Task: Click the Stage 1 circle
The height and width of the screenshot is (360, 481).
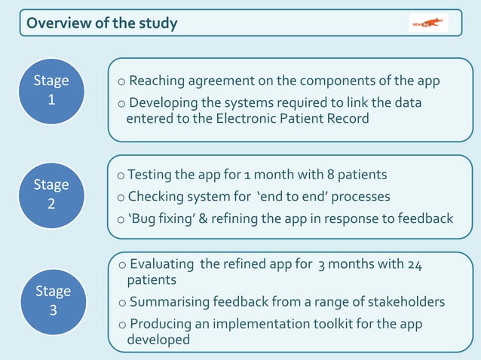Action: pos(51,90)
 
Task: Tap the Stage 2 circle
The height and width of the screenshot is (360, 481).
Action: pos(51,194)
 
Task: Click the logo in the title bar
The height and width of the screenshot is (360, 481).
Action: pos(428,23)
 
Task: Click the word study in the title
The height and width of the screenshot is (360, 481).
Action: pos(158,23)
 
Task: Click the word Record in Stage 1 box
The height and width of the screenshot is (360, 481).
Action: pos(347,119)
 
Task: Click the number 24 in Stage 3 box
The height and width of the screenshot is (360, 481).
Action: pos(415,264)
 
